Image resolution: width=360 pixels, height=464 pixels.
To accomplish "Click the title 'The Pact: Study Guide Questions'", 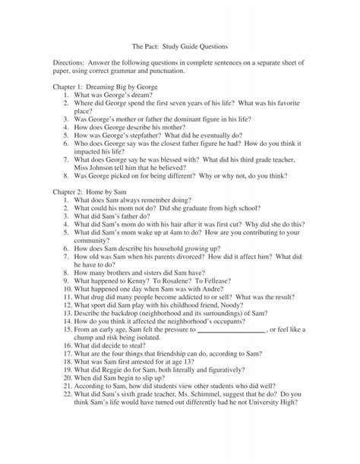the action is click(x=179, y=45).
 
